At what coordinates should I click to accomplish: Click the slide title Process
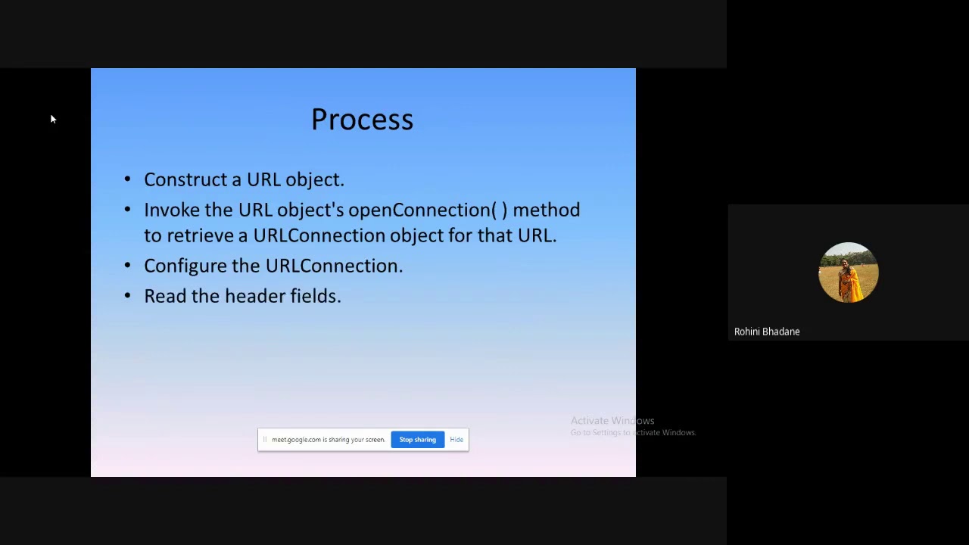click(362, 120)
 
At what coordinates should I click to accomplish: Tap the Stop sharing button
click(417, 440)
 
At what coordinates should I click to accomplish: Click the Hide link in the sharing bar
click(456, 440)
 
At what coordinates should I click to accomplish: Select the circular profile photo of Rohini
click(848, 272)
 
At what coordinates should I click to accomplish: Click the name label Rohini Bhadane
click(766, 332)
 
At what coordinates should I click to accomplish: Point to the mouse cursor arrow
click(52, 119)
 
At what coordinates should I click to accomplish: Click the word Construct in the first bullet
click(184, 179)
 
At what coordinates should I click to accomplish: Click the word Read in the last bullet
click(165, 296)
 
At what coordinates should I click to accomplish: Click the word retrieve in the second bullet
click(199, 235)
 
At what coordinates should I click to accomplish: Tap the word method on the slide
click(546, 210)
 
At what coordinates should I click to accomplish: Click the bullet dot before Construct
click(127, 180)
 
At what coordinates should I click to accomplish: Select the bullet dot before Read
click(127, 297)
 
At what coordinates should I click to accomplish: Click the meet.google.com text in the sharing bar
click(296, 440)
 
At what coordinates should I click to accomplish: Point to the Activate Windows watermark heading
click(612, 421)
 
